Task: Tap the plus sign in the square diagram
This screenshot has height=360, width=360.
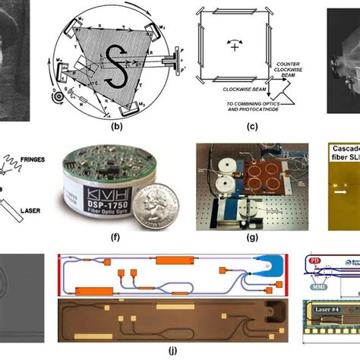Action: (235, 46)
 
